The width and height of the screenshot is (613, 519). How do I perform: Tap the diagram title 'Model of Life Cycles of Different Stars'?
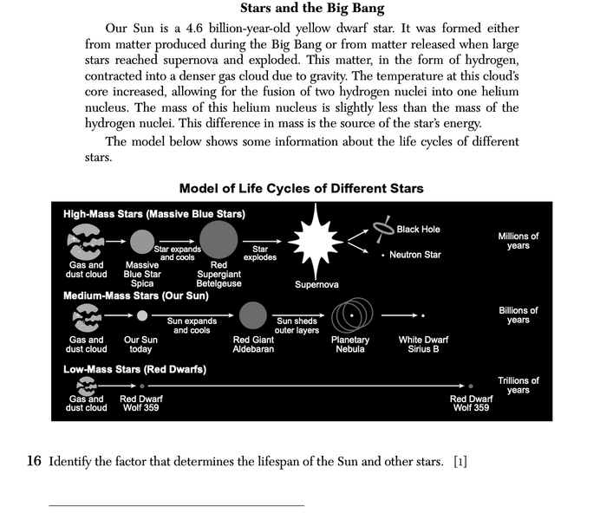coord(301,188)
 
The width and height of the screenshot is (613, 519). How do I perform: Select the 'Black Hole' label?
coord(418,230)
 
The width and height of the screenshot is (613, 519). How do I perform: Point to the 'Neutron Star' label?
coord(414,255)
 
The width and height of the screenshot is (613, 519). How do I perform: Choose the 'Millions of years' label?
coord(518,241)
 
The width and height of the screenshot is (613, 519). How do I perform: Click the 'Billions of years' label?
coord(518,315)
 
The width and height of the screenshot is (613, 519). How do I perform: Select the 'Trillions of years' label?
coord(518,385)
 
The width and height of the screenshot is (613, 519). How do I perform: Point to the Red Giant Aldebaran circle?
coord(252,315)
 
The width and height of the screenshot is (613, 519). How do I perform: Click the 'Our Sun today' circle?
coord(142,315)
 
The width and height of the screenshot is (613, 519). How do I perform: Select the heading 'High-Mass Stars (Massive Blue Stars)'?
coord(154,213)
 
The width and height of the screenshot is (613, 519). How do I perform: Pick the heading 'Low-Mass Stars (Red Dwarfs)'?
coord(134,368)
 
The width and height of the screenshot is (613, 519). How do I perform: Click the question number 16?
coord(35,460)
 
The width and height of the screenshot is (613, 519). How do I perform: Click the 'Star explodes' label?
coord(260,253)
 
